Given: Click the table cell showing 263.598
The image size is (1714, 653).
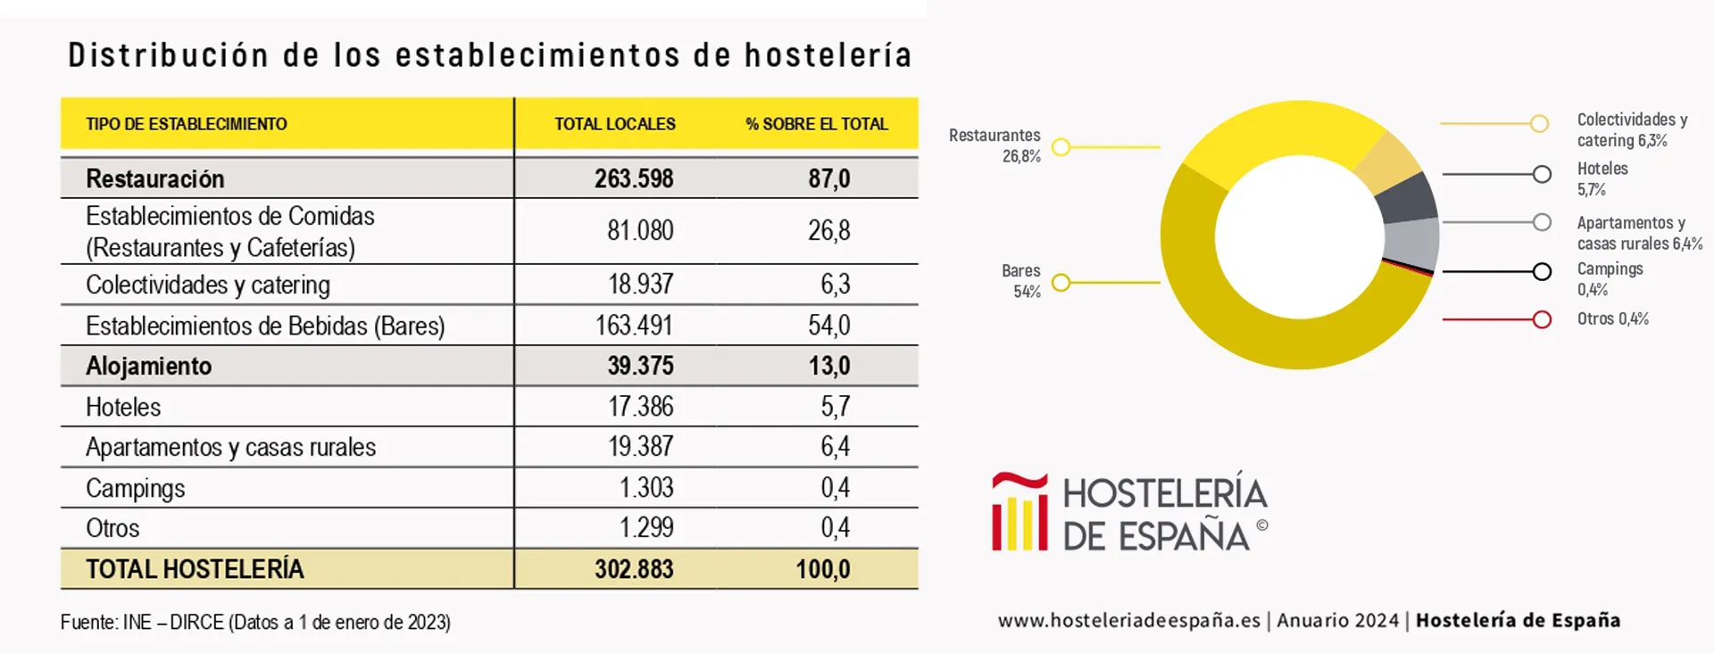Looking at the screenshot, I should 634,178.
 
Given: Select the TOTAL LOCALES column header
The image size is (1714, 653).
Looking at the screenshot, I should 614,124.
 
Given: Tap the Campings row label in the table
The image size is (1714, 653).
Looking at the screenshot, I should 136,488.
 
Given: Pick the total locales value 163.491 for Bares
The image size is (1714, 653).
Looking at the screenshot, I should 634,326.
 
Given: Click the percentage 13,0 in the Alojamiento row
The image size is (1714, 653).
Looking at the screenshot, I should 828,366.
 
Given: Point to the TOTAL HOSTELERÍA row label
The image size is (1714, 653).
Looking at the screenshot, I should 195,569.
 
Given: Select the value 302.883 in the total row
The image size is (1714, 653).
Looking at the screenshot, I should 634,569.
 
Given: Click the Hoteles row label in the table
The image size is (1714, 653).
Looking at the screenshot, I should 123,407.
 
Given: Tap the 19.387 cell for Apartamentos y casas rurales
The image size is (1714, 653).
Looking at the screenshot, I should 640,447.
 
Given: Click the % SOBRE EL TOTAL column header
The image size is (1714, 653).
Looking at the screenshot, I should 817,124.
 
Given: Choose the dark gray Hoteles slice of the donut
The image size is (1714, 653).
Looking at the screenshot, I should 1406,198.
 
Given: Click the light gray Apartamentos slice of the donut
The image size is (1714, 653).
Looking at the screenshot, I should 1412,241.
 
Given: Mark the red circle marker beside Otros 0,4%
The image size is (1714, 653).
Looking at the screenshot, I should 1542,319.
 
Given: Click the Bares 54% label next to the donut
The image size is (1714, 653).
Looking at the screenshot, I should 1020,281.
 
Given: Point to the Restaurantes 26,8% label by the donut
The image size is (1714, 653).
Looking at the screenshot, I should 994,145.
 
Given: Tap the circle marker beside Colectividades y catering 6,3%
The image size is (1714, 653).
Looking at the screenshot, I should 1539,124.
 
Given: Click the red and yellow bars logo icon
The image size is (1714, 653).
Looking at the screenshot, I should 1019,512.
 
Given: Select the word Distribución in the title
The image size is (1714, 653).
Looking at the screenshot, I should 168,55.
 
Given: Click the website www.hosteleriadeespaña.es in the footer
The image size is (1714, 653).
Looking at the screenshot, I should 1128,621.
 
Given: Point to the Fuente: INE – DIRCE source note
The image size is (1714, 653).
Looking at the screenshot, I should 255,623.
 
